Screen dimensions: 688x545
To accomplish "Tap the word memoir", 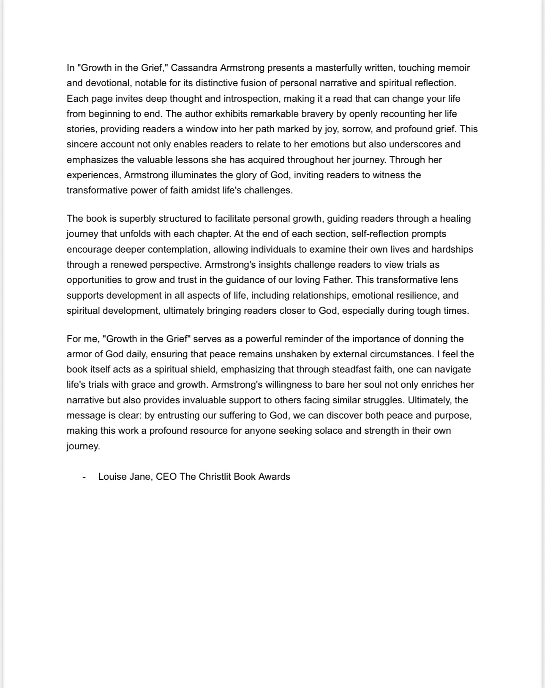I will coord(454,68).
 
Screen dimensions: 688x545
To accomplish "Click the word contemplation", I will coord(178,249).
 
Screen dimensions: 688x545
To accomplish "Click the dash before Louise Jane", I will coord(84,477).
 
